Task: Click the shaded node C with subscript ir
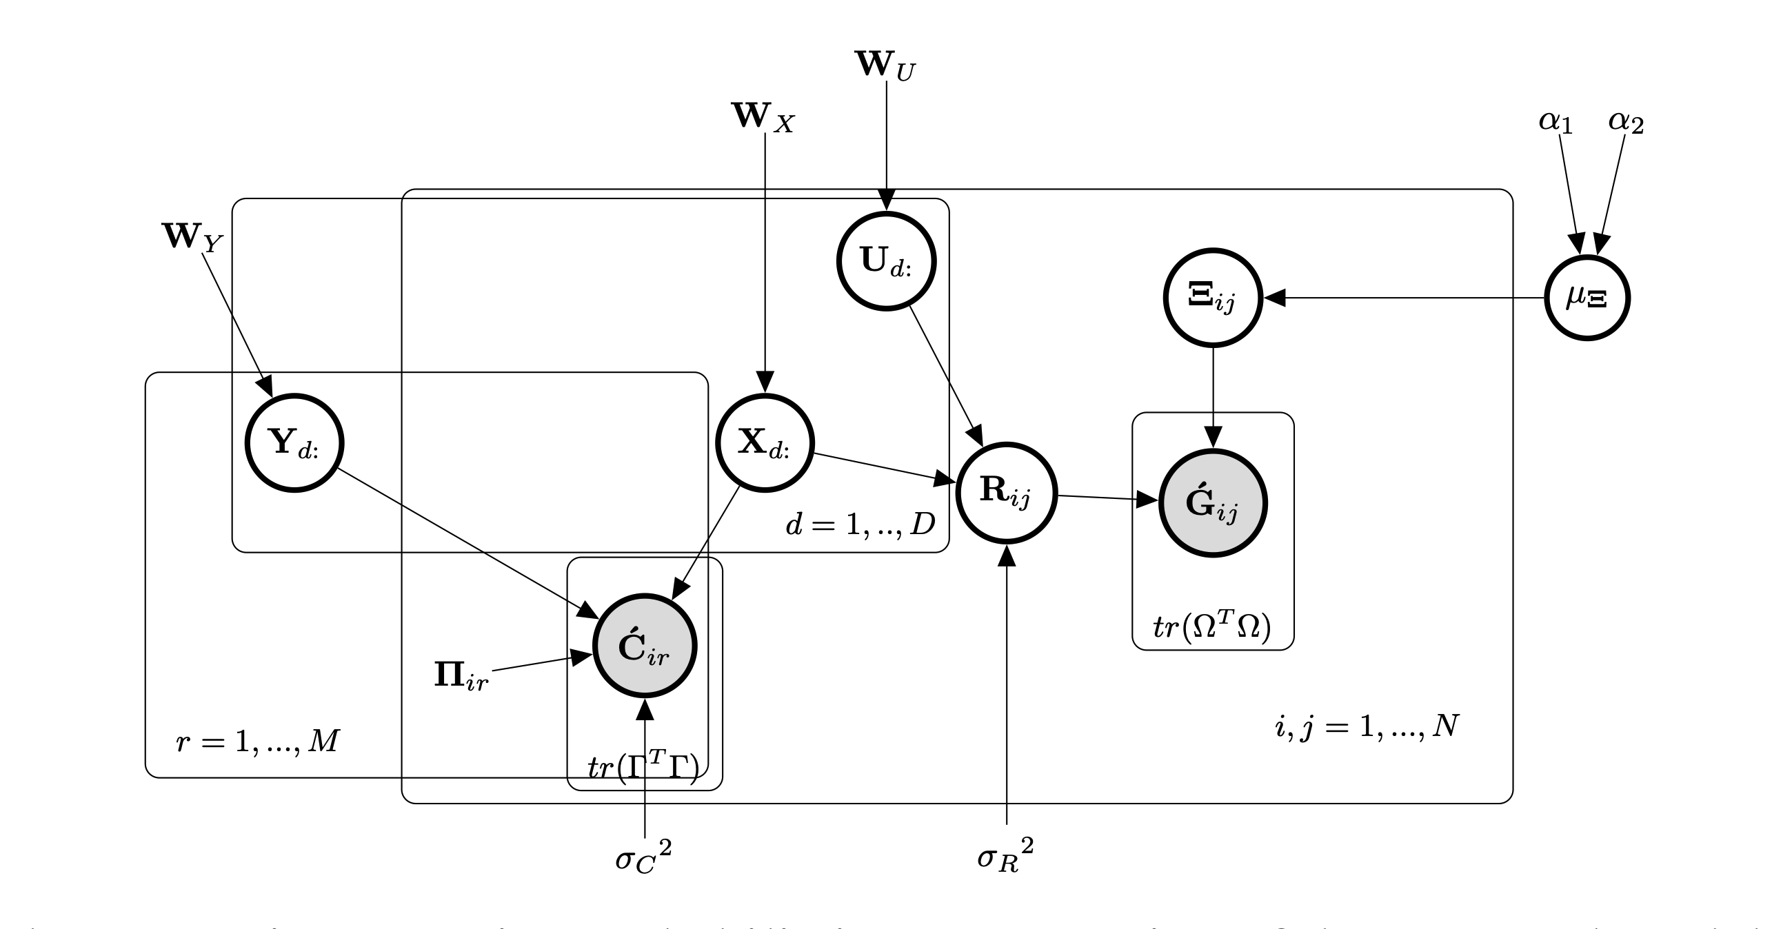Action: [645, 645]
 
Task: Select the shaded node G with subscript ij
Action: [1213, 502]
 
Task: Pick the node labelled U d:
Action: [886, 261]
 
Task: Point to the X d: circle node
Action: [765, 442]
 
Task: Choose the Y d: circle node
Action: [294, 442]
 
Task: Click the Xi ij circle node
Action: [1213, 298]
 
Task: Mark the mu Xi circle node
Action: [1587, 298]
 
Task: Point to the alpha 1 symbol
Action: [1555, 123]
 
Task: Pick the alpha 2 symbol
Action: [1626, 123]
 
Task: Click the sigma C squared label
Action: [643, 859]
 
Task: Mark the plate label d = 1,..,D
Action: [860, 525]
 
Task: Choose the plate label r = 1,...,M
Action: [258, 742]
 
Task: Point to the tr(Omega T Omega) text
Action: [1212, 626]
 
